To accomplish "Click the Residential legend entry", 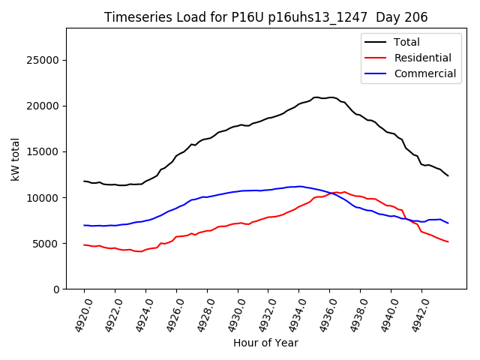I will [422, 58].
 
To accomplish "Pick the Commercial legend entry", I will [424, 73].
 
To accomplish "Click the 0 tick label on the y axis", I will [56, 289].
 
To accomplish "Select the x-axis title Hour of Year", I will [265, 343].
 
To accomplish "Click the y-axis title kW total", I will [15, 159].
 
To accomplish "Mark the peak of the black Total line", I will [317, 97].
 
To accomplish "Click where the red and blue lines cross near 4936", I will [331, 193].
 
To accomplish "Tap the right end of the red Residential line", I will [448, 241].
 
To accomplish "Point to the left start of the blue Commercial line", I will [84, 225].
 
